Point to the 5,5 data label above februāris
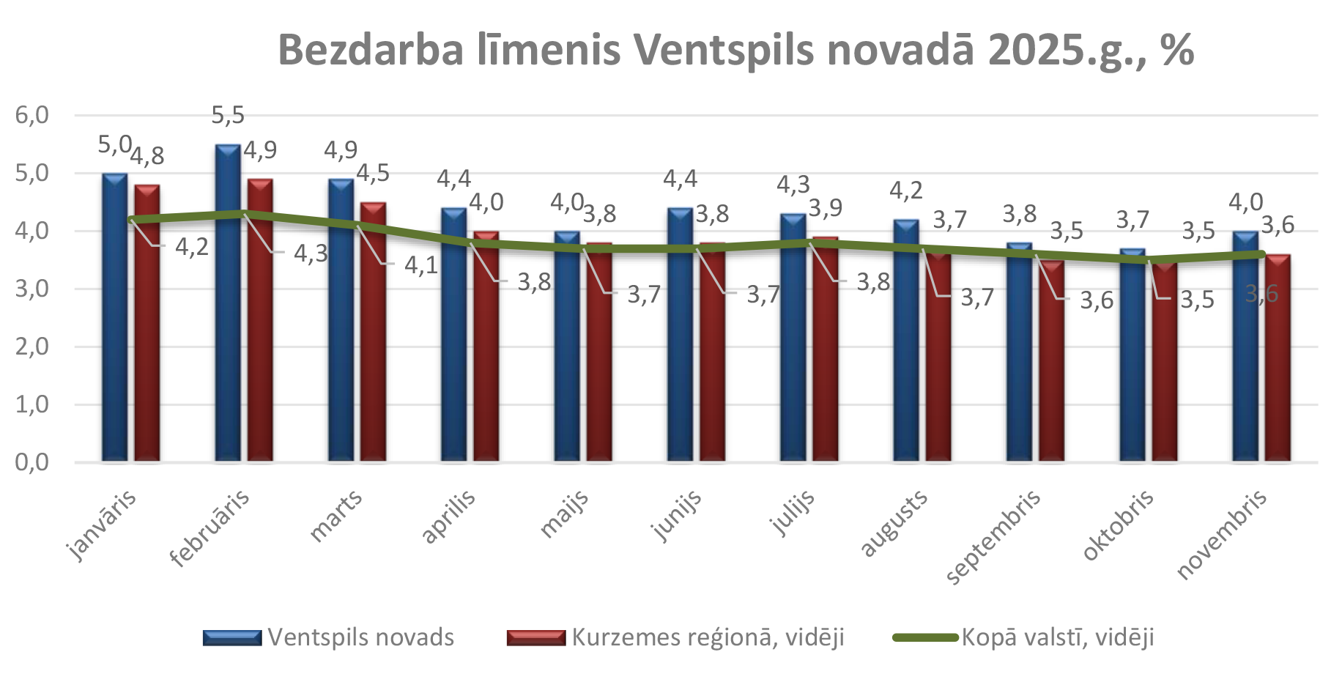(x=228, y=115)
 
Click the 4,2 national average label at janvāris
(x=192, y=247)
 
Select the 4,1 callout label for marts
(x=421, y=264)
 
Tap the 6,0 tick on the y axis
(x=32, y=115)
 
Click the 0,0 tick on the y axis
(x=32, y=462)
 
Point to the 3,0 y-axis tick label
(x=32, y=289)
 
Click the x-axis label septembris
(x=994, y=537)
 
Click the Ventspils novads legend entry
(x=360, y=637)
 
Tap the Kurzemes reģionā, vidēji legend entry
(x=708, y=637)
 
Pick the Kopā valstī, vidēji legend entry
(x=1057, y=637)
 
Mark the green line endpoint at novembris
(x=1261, y=254)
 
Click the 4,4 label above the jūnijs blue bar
(x=680, y=178)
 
